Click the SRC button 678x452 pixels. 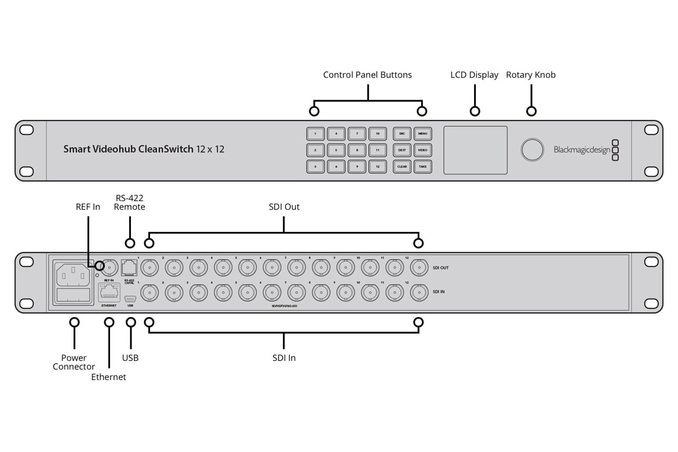402,134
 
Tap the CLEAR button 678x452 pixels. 402,166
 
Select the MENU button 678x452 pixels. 422,134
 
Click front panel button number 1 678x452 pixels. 315,134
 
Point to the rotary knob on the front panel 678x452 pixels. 532,150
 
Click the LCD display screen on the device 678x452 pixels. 475,150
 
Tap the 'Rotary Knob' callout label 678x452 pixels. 531,75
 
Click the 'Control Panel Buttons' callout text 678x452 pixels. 367,75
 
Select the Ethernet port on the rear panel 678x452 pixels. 109,292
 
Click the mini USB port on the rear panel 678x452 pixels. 130,294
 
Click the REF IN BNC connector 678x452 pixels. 110,267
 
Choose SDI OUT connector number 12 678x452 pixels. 419,267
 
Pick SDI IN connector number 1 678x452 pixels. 151,293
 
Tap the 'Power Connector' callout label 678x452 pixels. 74,362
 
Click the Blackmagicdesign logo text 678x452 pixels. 581,150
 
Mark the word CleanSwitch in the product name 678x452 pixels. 166,150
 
